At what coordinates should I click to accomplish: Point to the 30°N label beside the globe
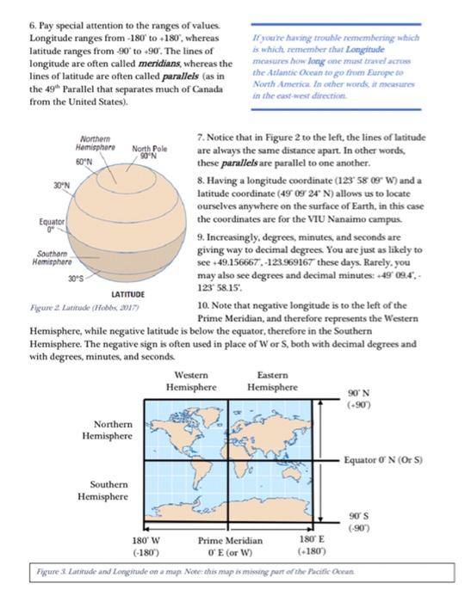pos(37,184)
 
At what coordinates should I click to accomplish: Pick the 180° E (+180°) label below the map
pos(313,544)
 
